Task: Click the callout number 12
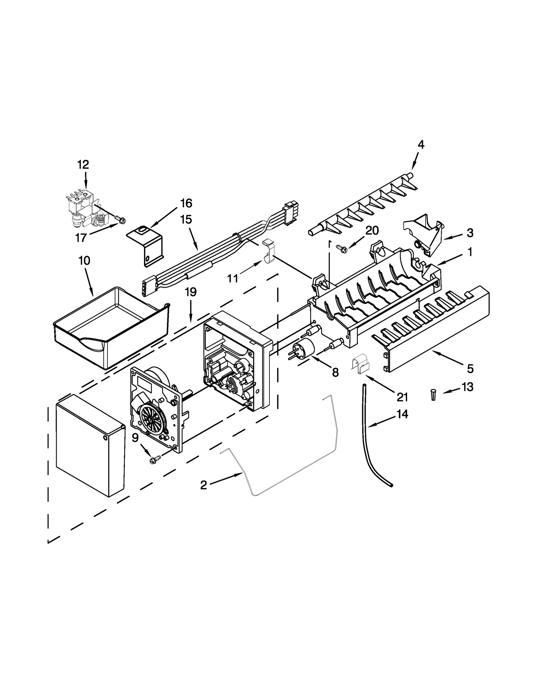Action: [83, 165]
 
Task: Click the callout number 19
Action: [191, 292]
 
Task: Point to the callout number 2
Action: [203, 485]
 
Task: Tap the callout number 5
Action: [470, 369]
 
